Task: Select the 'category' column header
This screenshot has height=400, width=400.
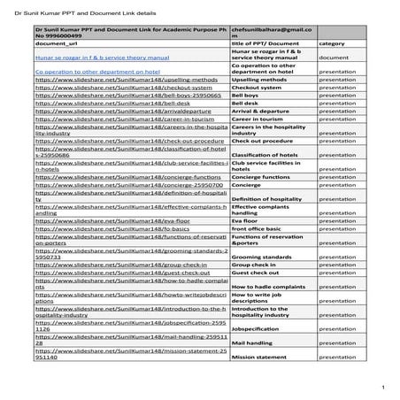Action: pos(332,42)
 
